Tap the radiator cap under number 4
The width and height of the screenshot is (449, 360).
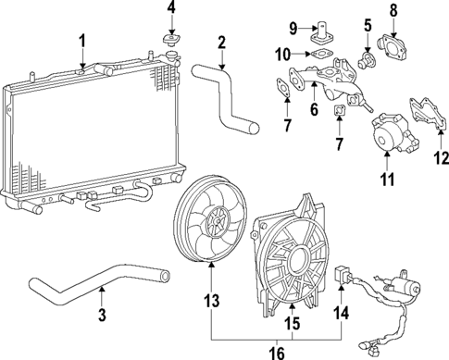(x=169, y=42)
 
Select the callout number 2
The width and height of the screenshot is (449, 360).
(x=221, y=42)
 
